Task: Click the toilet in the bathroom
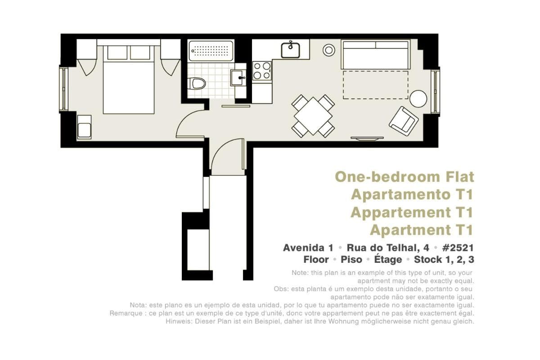(x=198, y=83)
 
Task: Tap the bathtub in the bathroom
(x=211, y=51)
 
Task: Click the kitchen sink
(x=291, y=50)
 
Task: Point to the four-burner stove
(x=262, y=71)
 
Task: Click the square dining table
(x=313, y=116)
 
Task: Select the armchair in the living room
(x=404, y=121)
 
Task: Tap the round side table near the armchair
(x=418, y=99)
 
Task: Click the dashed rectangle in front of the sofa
(x=376, y=85)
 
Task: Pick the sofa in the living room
(x=376, y=54)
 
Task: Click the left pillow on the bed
(x=117, y=52)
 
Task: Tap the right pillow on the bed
(x=140, y=52)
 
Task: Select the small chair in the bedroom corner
(x=84, y=127)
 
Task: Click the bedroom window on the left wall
(x=63, y=89)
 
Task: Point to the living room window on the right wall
(x=436, y=92)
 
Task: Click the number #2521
(x=458, y=247)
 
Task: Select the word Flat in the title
(x=460, y=177)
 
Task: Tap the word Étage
(x=388, y=260)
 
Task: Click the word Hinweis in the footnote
(x=179, y=321)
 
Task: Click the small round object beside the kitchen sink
(x=329, y=50)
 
